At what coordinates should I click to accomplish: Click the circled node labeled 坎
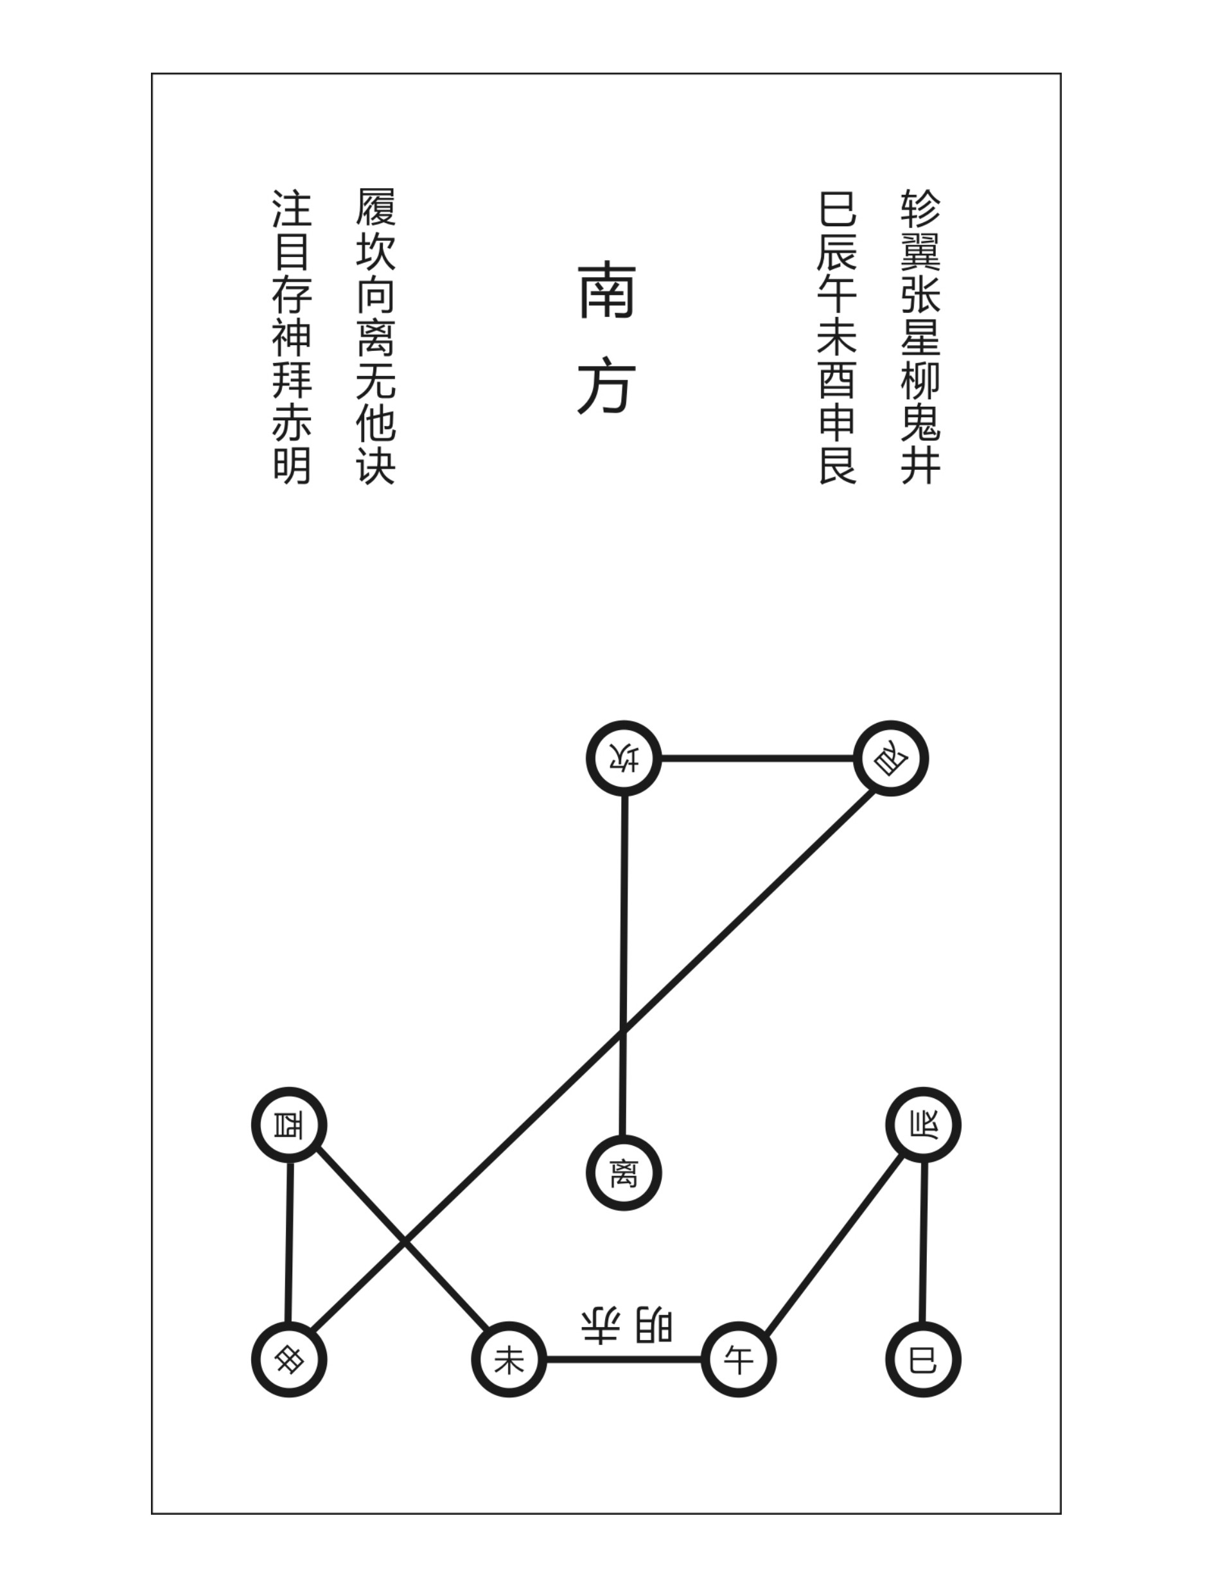[x=624, y=758]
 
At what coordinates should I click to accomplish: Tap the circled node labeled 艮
[x=890, y=758]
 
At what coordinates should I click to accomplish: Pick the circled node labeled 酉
[x=289, y=1125]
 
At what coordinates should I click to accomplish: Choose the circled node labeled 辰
[x=923, y=1125]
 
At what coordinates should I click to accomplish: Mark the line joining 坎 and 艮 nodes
[x=757, y=758]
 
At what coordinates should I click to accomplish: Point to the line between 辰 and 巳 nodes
[x=923, y=1242]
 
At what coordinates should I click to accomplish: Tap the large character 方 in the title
[x=606, y=388]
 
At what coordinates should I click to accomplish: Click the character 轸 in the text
[x=920, y=209]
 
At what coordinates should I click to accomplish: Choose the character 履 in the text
[x=376, y=208]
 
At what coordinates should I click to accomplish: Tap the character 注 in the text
[x=292, y=209]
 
